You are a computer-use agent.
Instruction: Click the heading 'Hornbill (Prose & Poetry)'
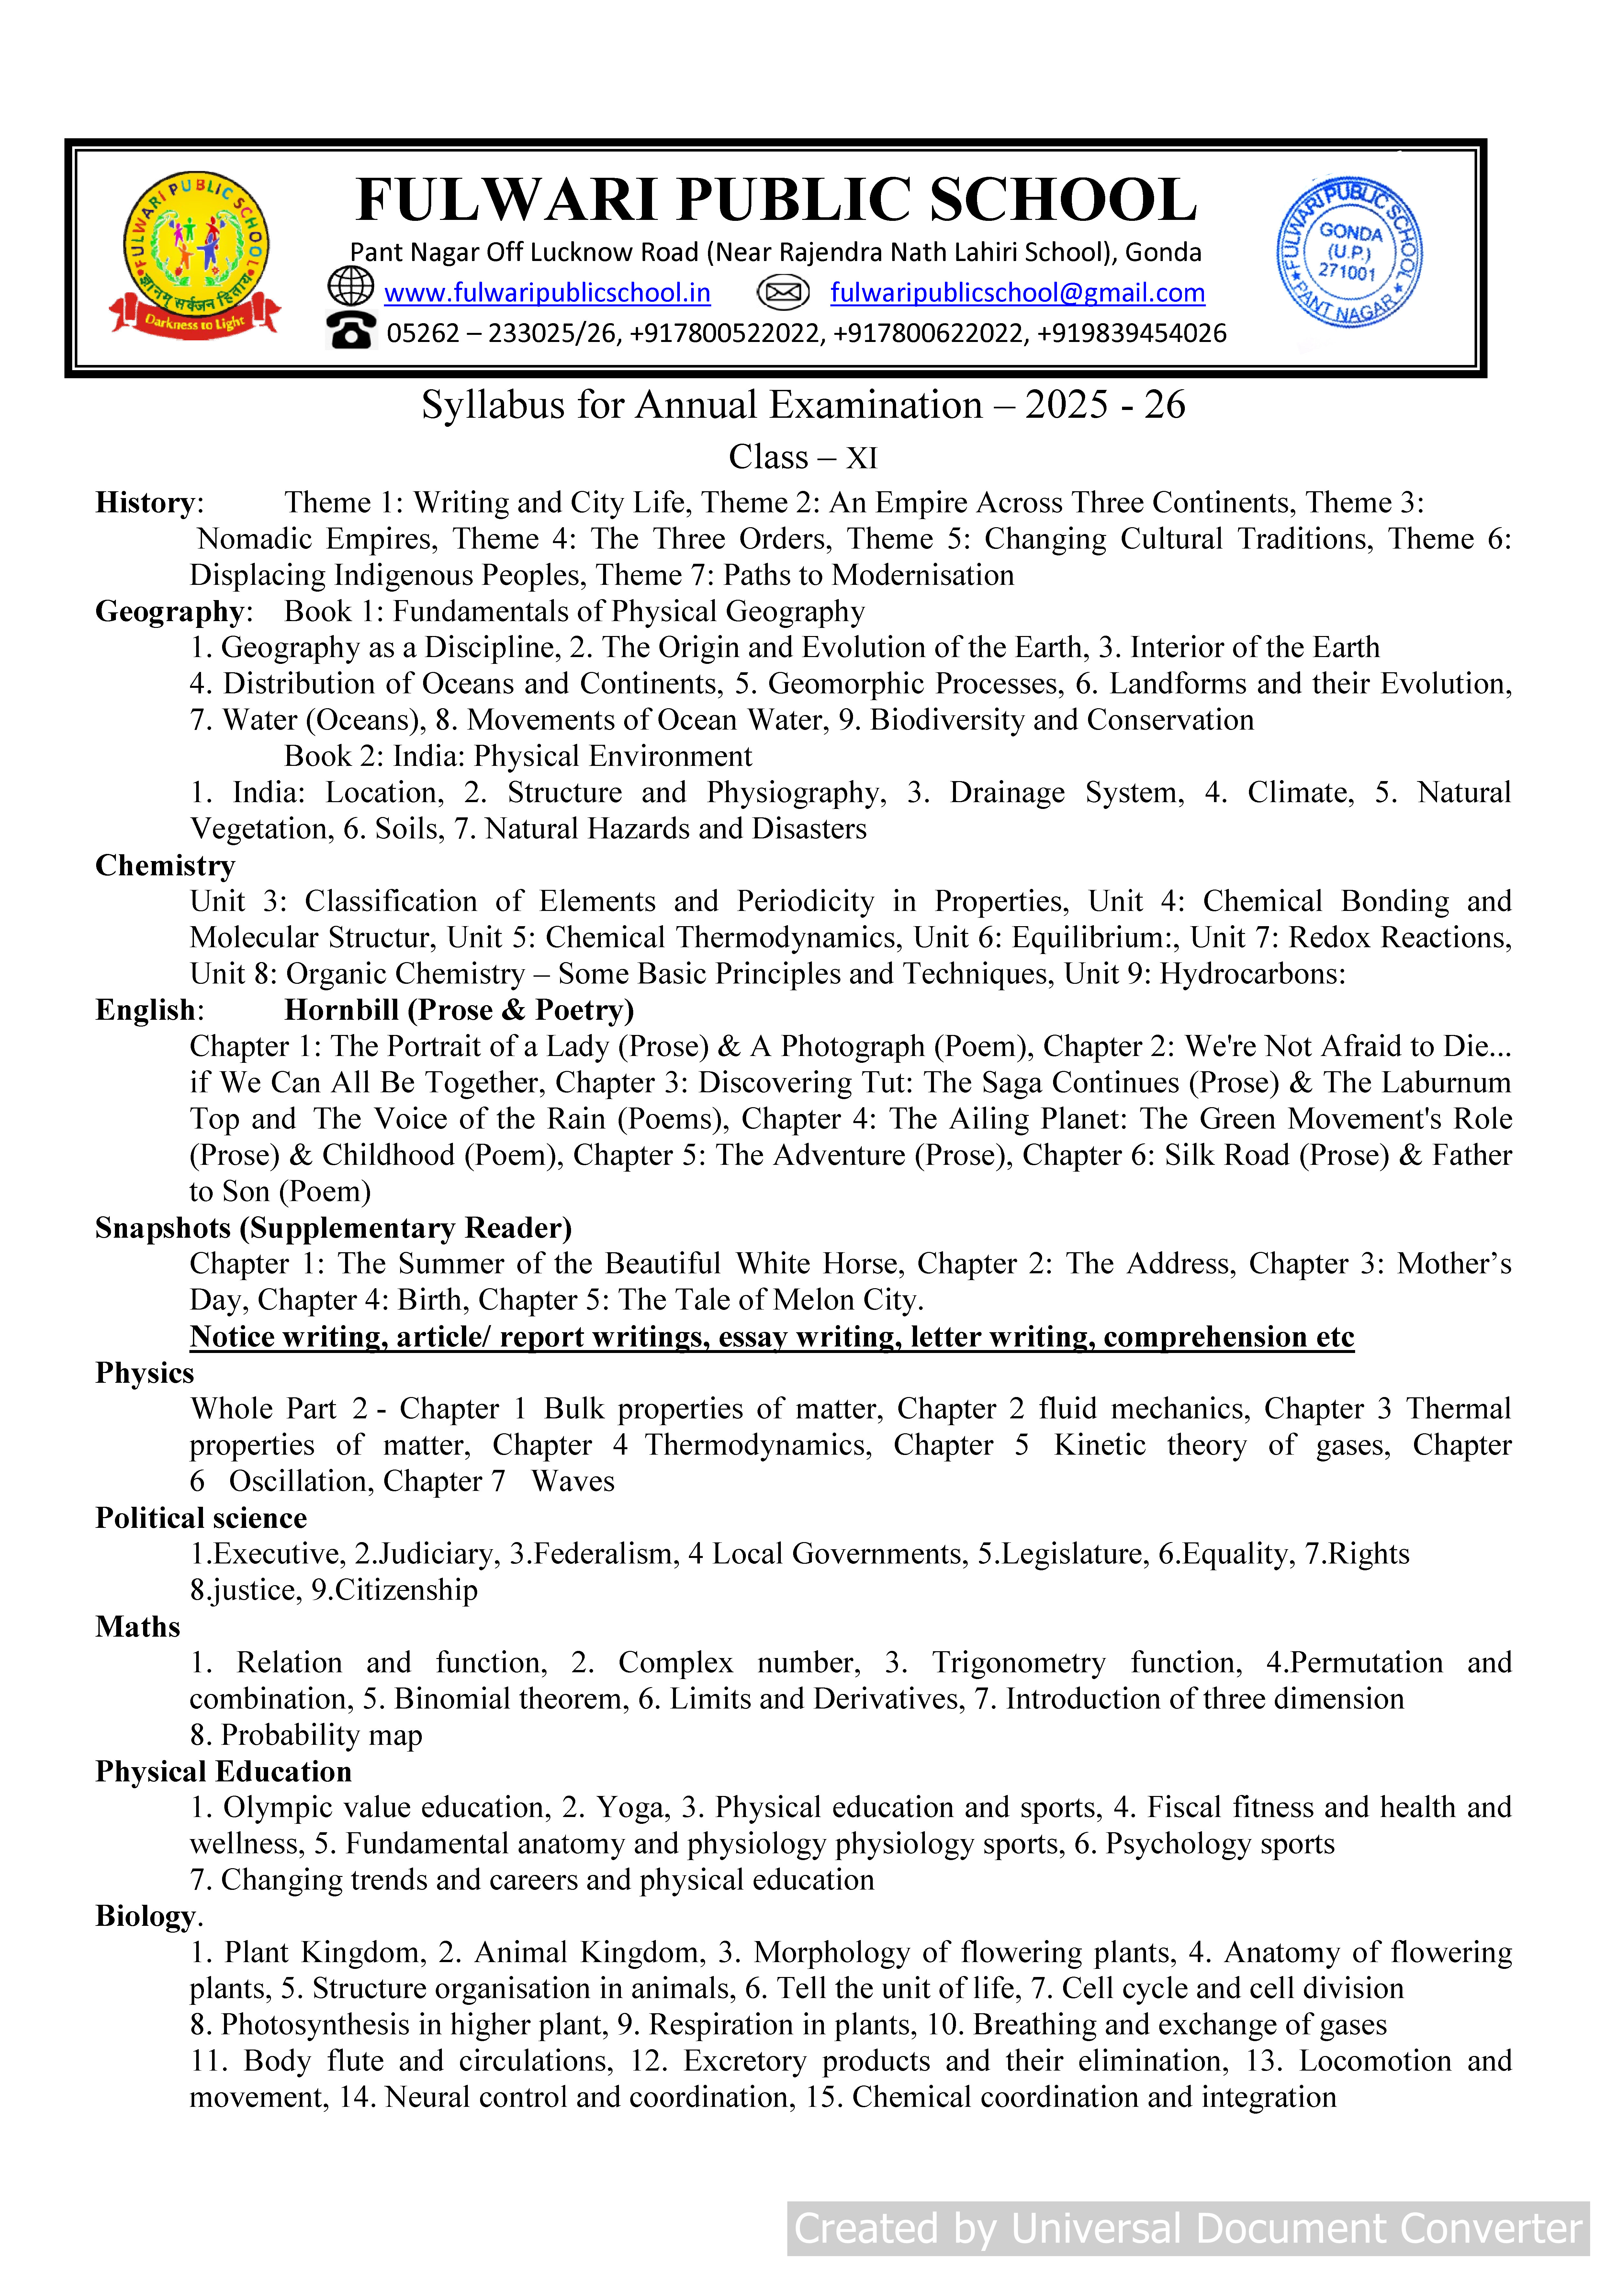[459, 1010]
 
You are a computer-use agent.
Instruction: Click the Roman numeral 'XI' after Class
[862, 458]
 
